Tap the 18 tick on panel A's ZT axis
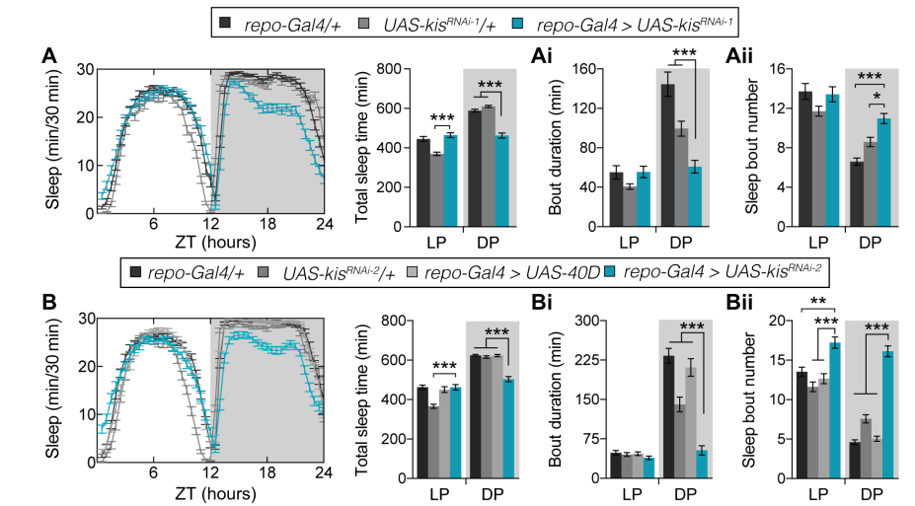[x=265, y=226]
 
